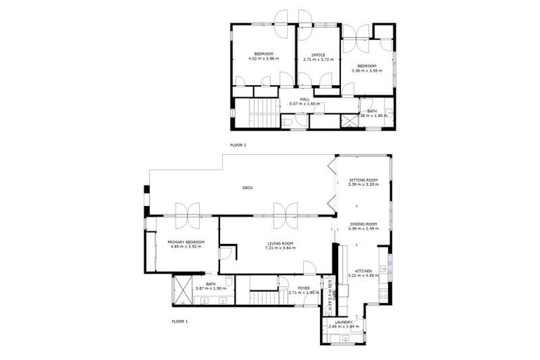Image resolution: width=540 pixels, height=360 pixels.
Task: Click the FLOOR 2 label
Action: click(x=238, y=145)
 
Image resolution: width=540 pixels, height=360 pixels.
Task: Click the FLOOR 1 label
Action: click(x=179, y=321)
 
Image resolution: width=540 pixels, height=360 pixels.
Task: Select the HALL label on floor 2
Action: click(x=304, y=99)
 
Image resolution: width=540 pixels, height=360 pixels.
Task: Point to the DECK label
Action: click(x=247, y=188)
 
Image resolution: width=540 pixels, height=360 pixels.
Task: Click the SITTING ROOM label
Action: click(x=364, y=180)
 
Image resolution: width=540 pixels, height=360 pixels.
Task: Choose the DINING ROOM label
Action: click(x=364, y=224)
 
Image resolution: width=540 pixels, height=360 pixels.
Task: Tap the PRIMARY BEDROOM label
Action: click(x=186, y=243)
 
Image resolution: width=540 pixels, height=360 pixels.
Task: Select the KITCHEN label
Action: click(x=364, y=271)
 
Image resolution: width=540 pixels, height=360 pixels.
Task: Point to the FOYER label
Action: click(x=304, y=287)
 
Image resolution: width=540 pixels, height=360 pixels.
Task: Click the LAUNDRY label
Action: click(x=344, y=323)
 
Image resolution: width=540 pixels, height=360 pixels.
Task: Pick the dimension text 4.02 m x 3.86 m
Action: click(x=264, y=59)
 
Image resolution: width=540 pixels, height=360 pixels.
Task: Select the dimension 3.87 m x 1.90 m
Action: click(x=210, y=288)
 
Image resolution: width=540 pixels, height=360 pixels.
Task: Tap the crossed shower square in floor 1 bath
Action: click(x=181, y=288)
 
